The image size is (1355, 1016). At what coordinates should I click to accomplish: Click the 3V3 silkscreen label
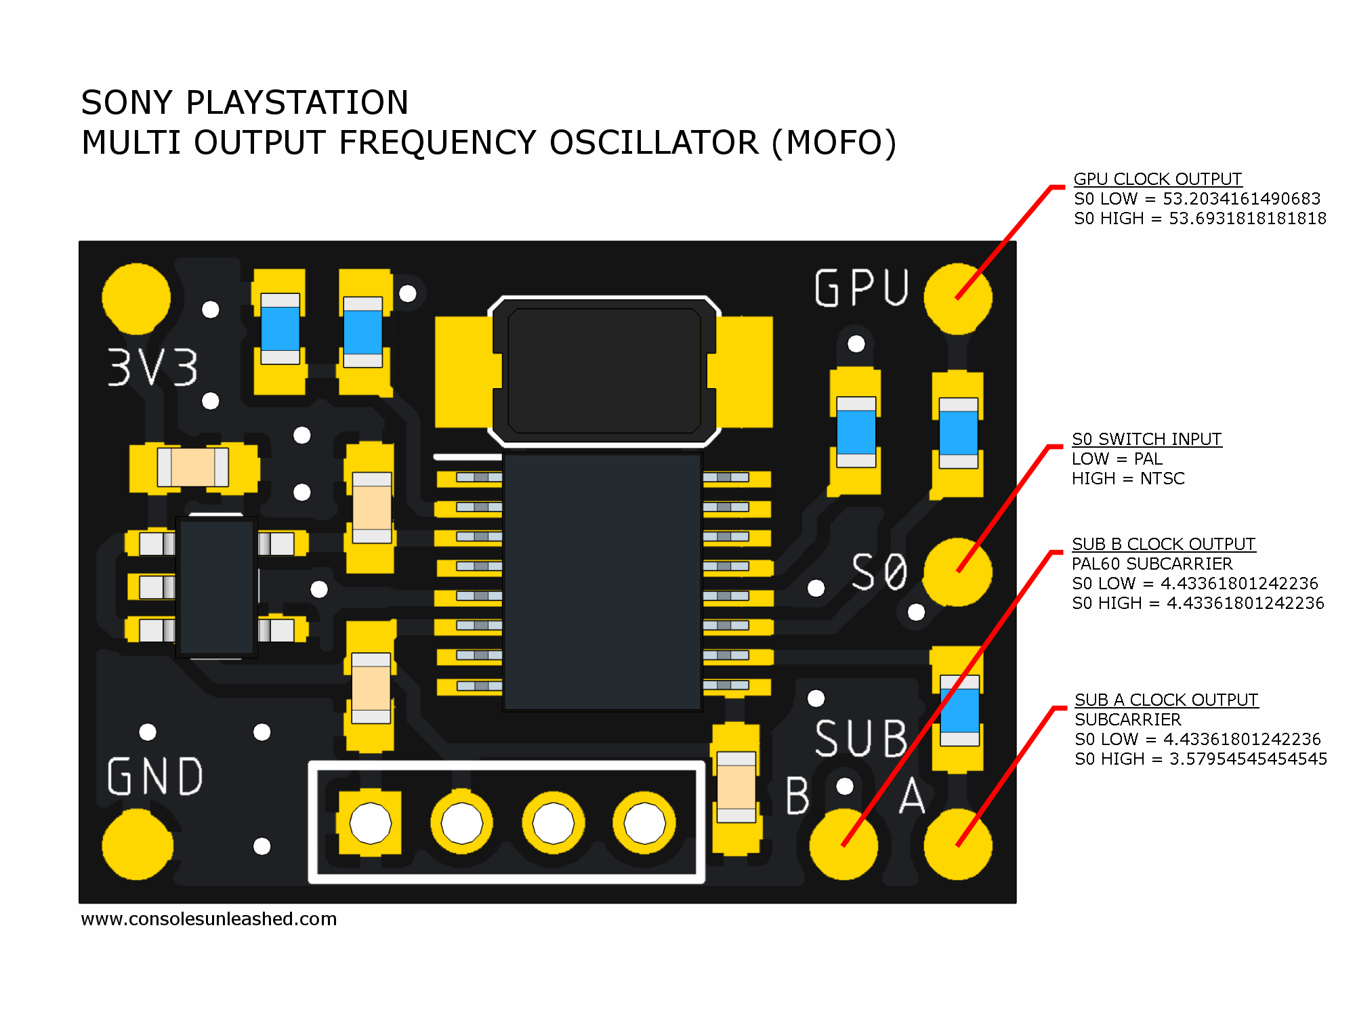click(153, 368)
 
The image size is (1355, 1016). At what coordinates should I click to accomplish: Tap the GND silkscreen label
click(155, 776)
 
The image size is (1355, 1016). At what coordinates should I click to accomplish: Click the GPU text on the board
click(861, 289)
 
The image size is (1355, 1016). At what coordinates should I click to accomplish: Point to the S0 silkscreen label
click(879, 572)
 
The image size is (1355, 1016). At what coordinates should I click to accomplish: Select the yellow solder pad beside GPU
click(957, 298)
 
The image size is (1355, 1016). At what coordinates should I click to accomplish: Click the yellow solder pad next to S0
click(957, 572)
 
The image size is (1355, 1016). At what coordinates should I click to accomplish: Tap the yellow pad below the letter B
click(843, 845)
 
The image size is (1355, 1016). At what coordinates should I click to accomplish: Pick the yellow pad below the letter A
click(957, 845)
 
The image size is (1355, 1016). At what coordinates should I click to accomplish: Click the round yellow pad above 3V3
click(136, 298)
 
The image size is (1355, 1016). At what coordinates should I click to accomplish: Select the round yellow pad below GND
click(137, 845)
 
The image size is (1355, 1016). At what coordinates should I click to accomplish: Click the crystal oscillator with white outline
click(604, 371)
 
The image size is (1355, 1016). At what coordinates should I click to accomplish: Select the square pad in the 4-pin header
click(370, 824)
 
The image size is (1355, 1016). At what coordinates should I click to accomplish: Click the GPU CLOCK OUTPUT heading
click(1157, 179)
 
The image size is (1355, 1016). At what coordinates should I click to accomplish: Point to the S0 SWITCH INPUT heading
click(1146, 439)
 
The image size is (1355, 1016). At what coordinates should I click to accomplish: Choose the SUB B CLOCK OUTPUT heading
click(1163, 544)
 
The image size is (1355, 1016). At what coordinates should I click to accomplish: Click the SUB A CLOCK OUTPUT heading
click(1166, 700)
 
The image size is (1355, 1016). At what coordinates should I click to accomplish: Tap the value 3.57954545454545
click(1248, 759)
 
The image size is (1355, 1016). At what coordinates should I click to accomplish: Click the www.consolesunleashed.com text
click(209, 919)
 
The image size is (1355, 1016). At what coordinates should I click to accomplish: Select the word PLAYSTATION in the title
click(297, 103)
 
